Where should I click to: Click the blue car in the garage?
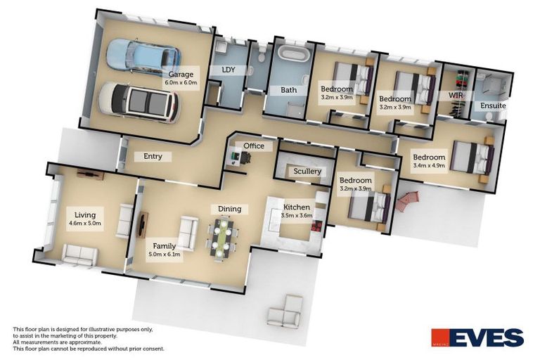tap(143, 56)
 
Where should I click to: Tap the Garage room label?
tap(181, 74)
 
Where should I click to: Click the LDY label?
tap(228, 70)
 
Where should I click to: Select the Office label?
tap(253, 146)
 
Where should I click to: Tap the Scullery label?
tap(307, 171)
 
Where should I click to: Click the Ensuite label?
tap(493, 105)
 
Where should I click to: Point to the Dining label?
tap(229, 209)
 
